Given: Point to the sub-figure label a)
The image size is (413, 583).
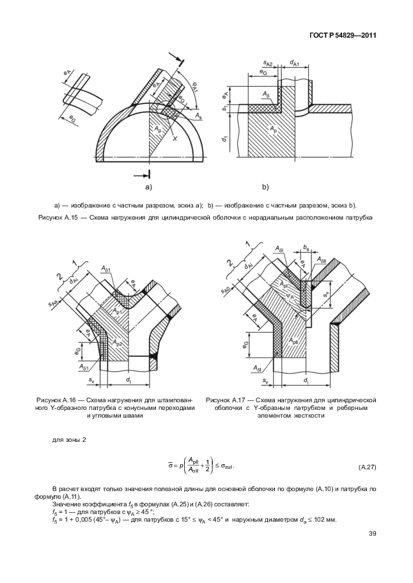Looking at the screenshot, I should (148, 187).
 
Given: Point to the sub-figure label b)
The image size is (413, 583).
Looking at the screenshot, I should (265, 187).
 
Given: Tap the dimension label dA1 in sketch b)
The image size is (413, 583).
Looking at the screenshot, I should (295, 63).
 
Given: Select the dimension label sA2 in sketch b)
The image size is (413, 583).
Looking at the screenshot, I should (269, 64).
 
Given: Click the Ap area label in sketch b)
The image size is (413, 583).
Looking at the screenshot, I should (274, 128).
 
